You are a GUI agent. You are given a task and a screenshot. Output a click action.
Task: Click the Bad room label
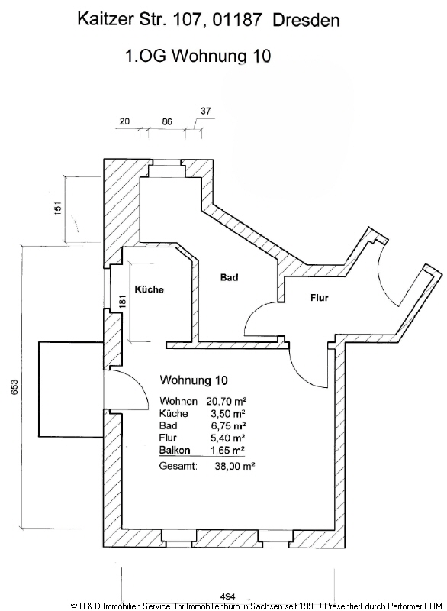point(229,277)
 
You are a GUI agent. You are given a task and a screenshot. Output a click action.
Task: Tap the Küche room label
point(149,289)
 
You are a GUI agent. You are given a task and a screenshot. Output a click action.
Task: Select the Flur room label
point(320,298)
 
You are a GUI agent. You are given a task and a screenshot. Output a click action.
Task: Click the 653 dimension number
point(14,387)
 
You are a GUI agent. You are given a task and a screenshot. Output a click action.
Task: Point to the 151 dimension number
point(58,208)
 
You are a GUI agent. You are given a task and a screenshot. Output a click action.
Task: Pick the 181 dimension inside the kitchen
point(124,302)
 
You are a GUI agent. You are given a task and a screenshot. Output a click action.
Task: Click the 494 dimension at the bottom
point(227,596)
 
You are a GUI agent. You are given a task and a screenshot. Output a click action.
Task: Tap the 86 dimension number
point(167,121)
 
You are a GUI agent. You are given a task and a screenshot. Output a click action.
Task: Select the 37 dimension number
point(206,111)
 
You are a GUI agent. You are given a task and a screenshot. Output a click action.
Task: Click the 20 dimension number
point(124,121)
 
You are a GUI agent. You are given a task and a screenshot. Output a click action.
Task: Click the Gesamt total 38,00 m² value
point(235,466)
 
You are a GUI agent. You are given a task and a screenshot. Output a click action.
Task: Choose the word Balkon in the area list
point(175,450)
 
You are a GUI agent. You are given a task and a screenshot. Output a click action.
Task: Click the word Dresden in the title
point(306,20)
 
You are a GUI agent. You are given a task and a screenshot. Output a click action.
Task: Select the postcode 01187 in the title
point(232,20)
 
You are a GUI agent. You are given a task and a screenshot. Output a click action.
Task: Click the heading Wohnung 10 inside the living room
point(194,380)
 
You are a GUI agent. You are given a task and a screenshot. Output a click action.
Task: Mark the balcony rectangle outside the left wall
point(71,389)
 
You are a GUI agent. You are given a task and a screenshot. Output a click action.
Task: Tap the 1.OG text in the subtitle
point(146,56)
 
